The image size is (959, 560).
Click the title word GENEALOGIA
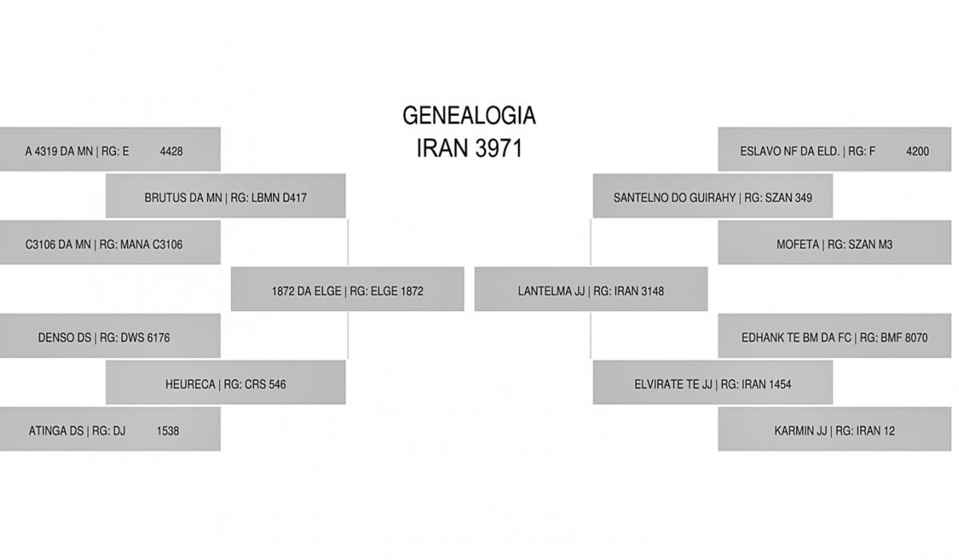[x=469, y=115]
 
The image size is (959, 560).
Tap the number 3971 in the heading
[x=499, y=149]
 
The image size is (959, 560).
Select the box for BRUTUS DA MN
[x=225, y=196]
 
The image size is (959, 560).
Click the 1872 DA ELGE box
[x=347, y=290]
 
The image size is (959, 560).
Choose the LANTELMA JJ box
[x=591, y=290]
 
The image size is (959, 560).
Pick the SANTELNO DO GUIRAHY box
[x=713, y=196]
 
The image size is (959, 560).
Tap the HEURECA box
[x=225, y=382]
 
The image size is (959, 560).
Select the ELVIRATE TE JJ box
[x=713, y=382]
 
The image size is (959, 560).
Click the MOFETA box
[x=834, y=242]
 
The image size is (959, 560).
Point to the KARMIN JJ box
[x=834, y=429]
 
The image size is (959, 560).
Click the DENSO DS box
[x=110, y=336]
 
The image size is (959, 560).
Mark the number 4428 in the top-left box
[x=171, y=151]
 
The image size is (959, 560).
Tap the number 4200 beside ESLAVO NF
[x=917, y=151]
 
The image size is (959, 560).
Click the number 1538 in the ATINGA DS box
[x=168, y=431]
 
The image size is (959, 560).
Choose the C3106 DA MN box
[x=110, y=242]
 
